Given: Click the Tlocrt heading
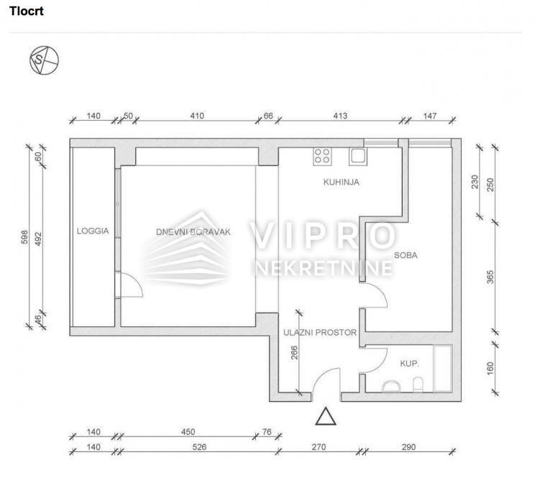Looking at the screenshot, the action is pyautogui.click(x=27, y=11).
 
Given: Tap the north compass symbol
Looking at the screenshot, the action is pyautogui.click(x=44, y=60).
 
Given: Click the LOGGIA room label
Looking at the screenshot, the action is pyautogui.click(x=93, y=231).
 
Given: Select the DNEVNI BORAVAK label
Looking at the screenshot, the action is pyautogui.click(x=193, y=232).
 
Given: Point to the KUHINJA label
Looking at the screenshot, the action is pyautogui.click(x=341, y=182).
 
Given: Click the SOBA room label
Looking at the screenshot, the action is pyautogui.click(x=406, y=255).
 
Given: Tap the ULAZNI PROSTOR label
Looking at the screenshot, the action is pyautogui.click(x=320, y=333).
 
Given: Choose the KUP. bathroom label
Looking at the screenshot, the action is pyautogui.click(x=409, y=364).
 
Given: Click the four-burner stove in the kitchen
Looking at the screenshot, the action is pyautogui.click(x=322, y=156).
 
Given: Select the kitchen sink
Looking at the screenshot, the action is pyautogui.click(x=358, y=156).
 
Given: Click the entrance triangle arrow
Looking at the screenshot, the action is pyautogui.click(x=326, y=416).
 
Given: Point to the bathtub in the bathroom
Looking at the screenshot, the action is pyautogui.click(x=442, y=369).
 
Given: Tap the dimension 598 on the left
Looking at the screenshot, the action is pyautogui.click(x=24, y=237).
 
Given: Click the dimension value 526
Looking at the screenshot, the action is pyautogui.click(x=199, y=447).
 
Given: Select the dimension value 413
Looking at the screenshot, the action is pyautogui.click(x=340, y=116).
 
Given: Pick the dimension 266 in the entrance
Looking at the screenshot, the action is pyautogui.click(x=294, y=353).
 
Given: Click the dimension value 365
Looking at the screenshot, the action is pyautogui.click(x=490, y=277).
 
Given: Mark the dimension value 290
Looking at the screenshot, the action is pyautogui.click(x=408, y=447).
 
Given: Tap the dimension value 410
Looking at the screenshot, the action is pyautogui.click(x=197, y=116).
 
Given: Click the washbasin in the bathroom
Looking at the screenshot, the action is pyautogui.click(x=391, y=387).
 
